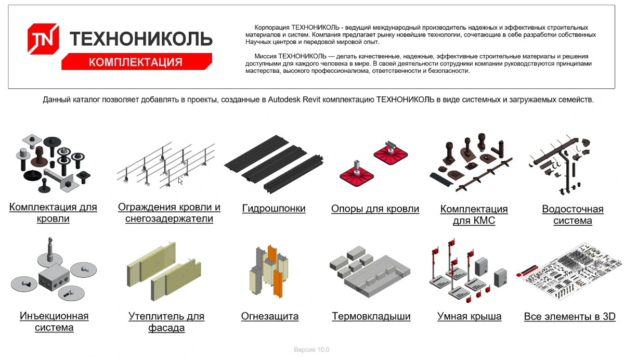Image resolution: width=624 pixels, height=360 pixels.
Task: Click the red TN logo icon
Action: pyautogui.click(x=43, y=38)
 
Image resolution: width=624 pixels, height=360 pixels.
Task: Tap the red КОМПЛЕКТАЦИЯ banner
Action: pyautogui.click(x=136, y=61)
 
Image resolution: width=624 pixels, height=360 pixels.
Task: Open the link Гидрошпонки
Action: pyautogui.click(x=274, y=209)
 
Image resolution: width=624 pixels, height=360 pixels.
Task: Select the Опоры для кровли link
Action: pyautogui.click(x=375, y=209)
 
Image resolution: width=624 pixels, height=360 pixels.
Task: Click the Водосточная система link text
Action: pyautogui.click(x=573, y=214)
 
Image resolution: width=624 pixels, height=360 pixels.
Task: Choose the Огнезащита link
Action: pyautogui.click(x=270, y=316)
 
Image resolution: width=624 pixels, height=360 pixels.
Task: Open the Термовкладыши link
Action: pyautogui.click(x=371, y=316)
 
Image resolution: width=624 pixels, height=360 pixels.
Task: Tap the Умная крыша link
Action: pyautogui.click(x=470, y=316)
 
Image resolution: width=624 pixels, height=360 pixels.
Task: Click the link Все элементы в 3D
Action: pyautogui.click(x=570, y=316)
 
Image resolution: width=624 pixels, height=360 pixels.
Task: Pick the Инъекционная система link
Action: pyautogui.click(x=54, y=322)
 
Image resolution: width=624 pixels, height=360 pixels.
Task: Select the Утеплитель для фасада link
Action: pyautogui.click(x=166, y=322)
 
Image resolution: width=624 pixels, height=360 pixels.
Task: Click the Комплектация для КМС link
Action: pyautogui.click(x=474, y=214)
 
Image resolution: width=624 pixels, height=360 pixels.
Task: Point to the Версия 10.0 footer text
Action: pyautogui.click(x=311, y=350)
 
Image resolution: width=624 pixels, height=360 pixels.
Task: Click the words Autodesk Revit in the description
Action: pyautogui.click(x=294, y=99)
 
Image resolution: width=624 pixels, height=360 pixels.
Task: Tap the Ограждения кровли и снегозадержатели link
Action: pyautogui.click(x=169, y=213)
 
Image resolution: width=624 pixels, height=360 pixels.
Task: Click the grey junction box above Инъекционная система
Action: pyautogui.click(x=54, y=277)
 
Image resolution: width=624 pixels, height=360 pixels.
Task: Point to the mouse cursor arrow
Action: pyautogui.click(x=180, y=181)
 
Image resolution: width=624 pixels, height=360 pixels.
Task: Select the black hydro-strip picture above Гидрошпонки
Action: pyautogui.click(x=274, y=164)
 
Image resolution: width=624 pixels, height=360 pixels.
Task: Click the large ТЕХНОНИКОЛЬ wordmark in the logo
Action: pyautogui.click(x=141, y=38)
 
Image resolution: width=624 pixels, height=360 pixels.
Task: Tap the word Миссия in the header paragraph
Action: pyautogui.click(x=266, y=56)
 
